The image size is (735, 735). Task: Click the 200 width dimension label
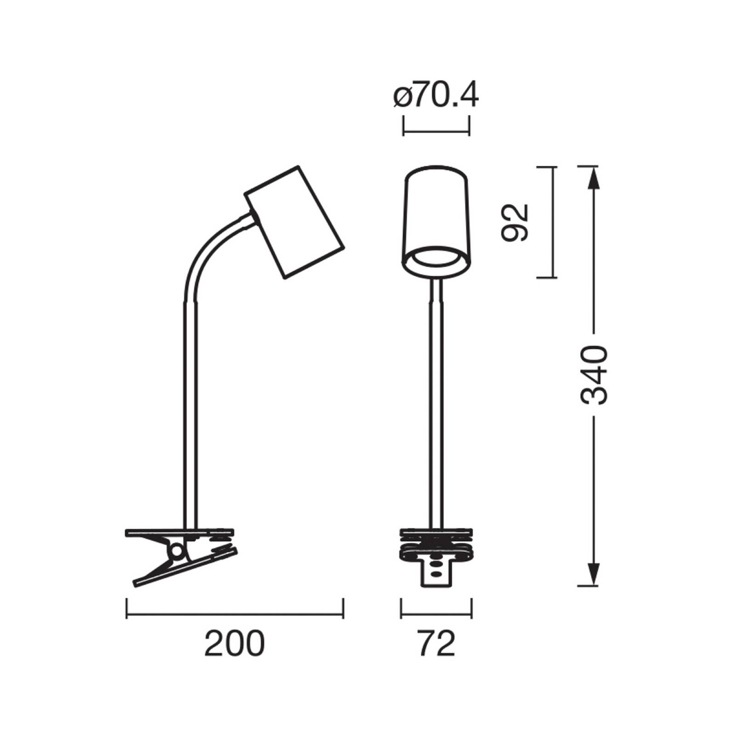[x=235, y=644]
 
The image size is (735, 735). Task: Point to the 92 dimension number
[x=515, y=222]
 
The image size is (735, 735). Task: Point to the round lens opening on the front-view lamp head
[x=435, y=260]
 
